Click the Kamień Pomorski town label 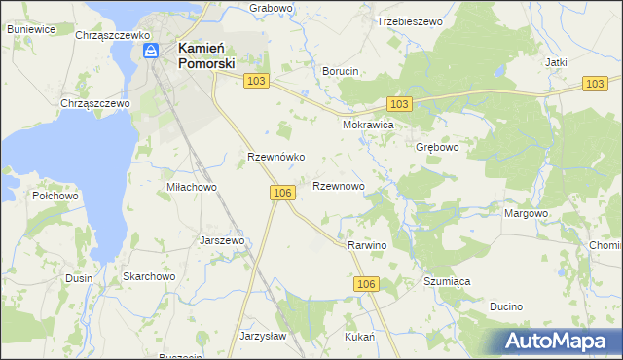coord(205,54)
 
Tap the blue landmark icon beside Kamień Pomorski coord(151,52)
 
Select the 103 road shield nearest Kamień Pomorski coord(256,83)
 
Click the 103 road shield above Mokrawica coord(398,104)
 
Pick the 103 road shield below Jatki coord(596,85)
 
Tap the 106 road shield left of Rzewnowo coord(282,194)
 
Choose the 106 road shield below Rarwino coord(365,283)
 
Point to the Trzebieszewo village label coord(409,20)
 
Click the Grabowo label coord(271,8)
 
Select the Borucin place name coord(341,71)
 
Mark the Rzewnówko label coord(276,157)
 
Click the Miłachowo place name coord(191,187)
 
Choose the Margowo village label coord(526,213)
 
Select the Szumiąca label coord(447,281)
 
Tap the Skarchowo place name coord(148,276)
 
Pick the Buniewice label coord(30,29)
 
